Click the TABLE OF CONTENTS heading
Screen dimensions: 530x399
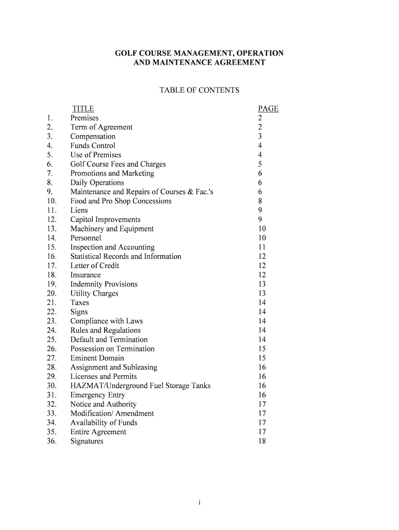199,91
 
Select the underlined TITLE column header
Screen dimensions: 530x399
83,109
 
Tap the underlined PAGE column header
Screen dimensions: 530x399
268,109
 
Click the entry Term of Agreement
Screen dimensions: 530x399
102,127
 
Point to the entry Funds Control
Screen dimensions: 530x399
93,146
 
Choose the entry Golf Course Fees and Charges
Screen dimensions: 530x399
118,164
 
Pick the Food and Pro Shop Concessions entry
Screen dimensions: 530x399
121,201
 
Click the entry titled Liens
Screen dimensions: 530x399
79,211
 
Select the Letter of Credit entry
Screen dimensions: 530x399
95,266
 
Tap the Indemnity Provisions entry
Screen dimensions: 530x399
104,284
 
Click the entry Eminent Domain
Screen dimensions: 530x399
97,358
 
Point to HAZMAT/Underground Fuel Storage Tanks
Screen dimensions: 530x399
140,386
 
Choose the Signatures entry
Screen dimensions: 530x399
87,441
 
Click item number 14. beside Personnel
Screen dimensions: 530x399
51,238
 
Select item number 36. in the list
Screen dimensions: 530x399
51,441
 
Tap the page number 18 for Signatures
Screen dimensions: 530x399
262,441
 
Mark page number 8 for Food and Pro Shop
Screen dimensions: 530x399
260,201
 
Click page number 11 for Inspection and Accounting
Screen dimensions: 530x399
262,247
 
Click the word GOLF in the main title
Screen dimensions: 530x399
126,53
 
